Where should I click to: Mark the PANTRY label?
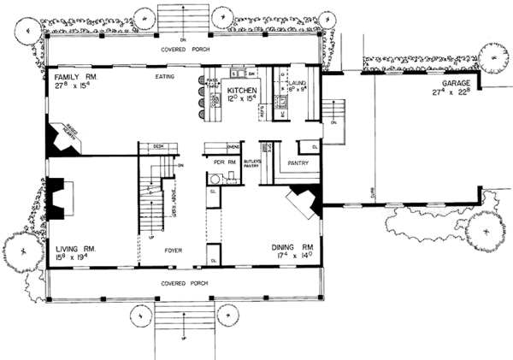pos(298,160)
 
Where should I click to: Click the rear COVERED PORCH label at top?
pos(190,50)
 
